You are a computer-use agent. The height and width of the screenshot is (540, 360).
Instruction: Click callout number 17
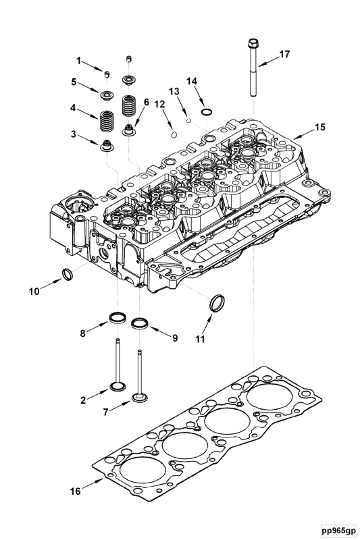pyautogui.click(x=284, y=53)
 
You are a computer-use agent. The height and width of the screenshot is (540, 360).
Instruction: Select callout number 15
pyautogui.click(x=319, y=126)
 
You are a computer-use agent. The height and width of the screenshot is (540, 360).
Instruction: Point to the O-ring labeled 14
pyautogui.click(x=206, y=111)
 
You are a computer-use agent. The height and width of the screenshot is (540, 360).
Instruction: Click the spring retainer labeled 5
pyautogui.click(x=107, y=91)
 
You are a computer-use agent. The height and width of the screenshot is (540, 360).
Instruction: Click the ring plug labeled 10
pyautogui.click(x=68, y=273)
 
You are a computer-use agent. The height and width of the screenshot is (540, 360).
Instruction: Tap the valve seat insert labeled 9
pyautogui.click(x=140, y=322)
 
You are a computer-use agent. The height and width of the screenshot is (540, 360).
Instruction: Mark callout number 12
pyautogui.click(x=159, y=104)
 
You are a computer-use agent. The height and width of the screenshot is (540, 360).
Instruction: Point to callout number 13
pyautogui.click(x=174, y=90)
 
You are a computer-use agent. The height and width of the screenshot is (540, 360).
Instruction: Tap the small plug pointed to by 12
pyautogui.click(x=174, y=132)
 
